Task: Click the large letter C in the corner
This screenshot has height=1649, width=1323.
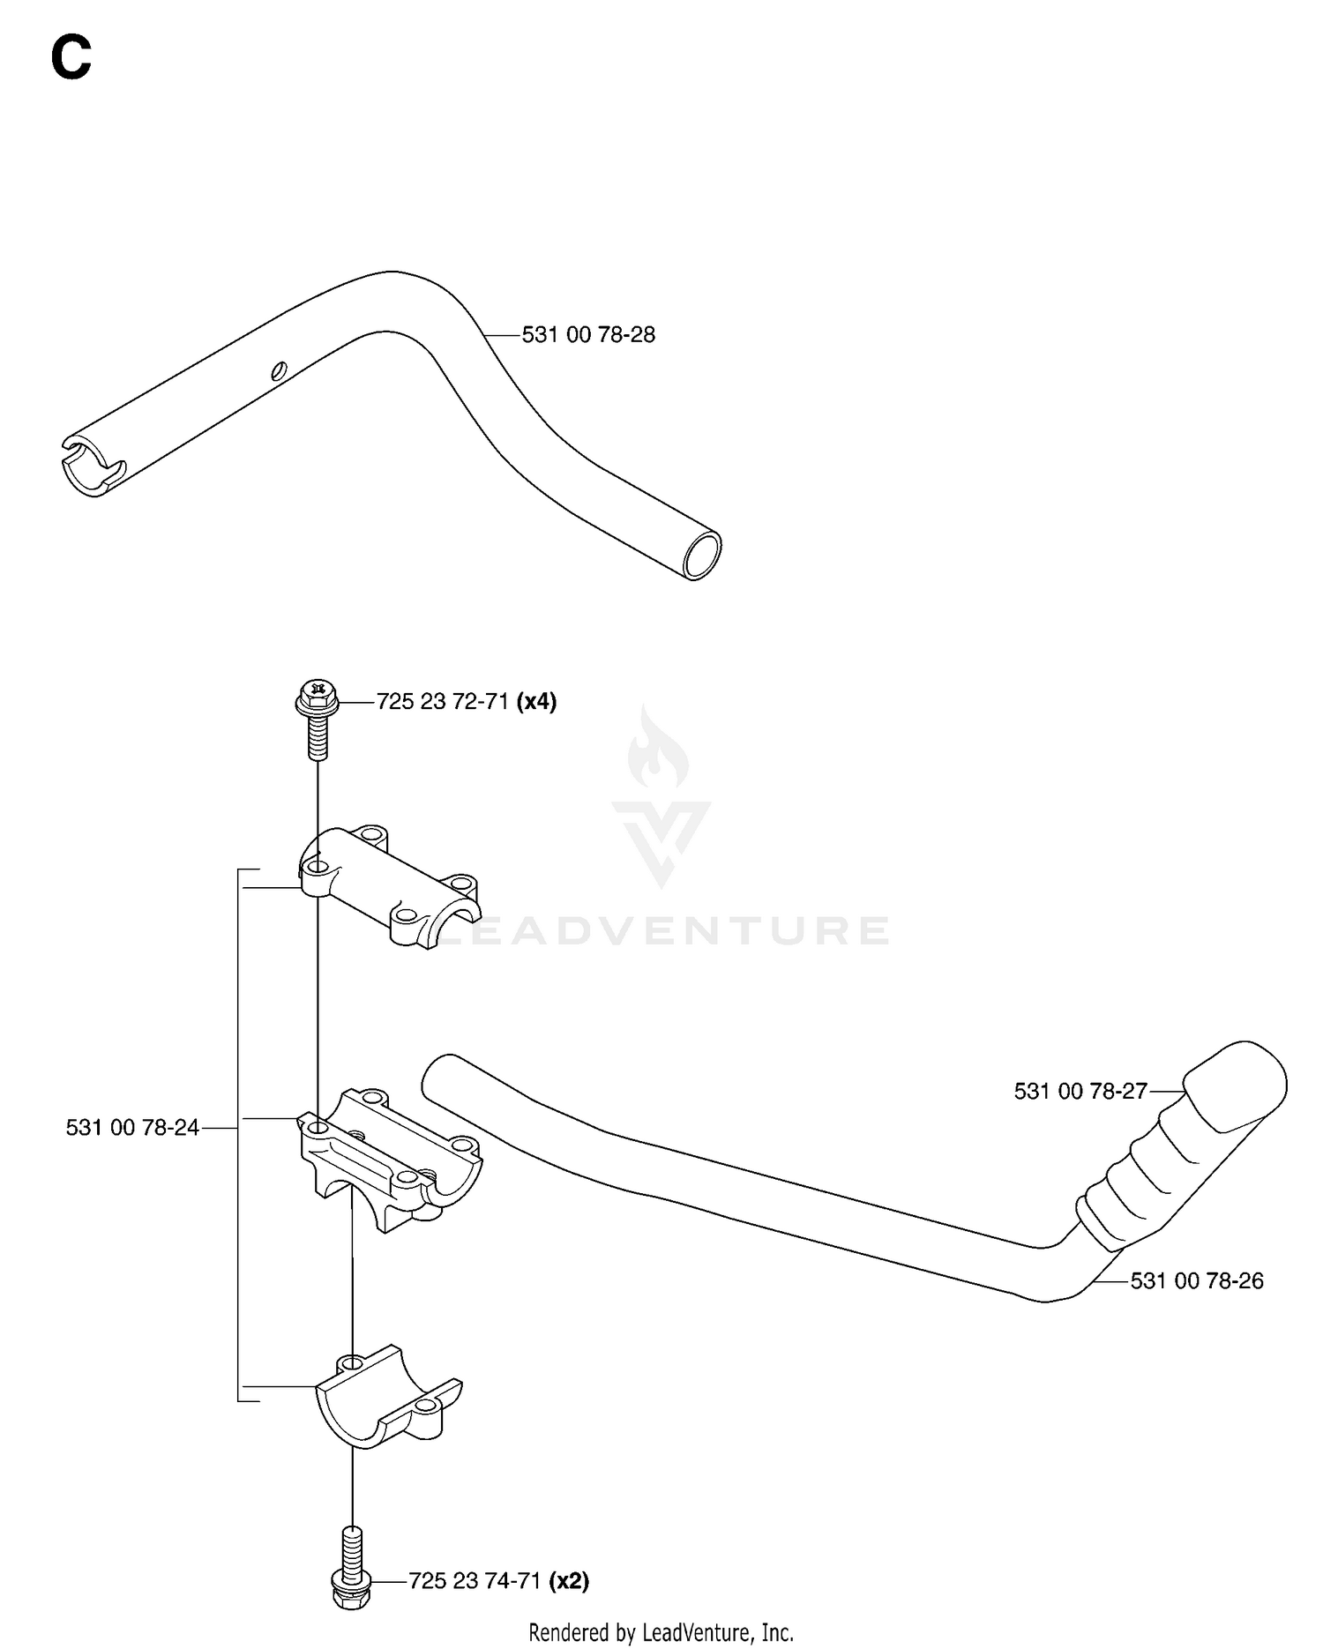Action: click(x=71, y=59)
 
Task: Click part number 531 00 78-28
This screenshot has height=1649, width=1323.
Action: click(x=588, y=335)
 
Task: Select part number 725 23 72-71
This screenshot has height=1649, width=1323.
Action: click(x=442, y=702)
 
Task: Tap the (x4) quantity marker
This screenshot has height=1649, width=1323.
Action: click(x=536, y=702)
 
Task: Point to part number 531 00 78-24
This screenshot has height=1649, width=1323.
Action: click(x=132, y=1127)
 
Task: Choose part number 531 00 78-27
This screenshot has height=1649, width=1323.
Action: click(x=1080, y=1092)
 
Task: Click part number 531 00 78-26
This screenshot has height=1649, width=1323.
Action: click(x=1197, y=1280)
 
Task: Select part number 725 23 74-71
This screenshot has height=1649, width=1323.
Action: click(x=475, y=1581)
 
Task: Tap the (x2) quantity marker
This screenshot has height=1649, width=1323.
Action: click(x=569, y=1581)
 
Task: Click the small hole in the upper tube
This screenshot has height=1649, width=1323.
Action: click(x=280, y=370)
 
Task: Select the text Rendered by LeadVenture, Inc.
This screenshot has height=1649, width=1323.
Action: click(x=661, y=1632)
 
